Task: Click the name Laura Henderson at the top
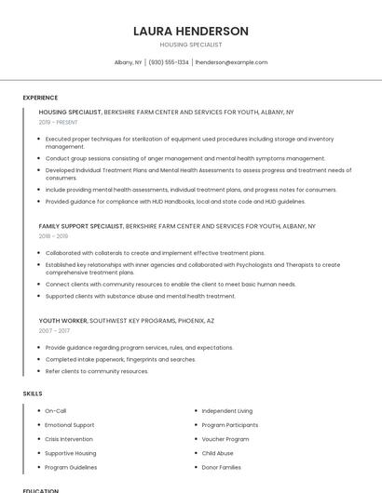click(x=191, y=31)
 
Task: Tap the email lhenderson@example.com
click(x=231, y=62)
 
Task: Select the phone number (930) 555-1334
click(x=168, y=62)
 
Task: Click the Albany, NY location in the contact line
click(x=128, y=62)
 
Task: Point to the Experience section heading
click(x=40, y=98)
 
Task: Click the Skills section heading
click(x=33, y=393)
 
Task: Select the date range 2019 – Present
click(x=59, y=122)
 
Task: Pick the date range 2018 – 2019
click(x=54, y=236)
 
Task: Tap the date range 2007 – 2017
click(x=54, y=330)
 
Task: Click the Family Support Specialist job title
click(x=81, y=226)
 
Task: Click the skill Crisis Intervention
click(x=69, y=439)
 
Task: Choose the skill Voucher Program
click(x=225, y=439)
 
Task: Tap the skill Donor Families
click(x=222, y=467)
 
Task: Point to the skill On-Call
click(x=56, y=410)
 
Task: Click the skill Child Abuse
click(x=218, y=453)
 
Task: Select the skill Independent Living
click(x=227, y=410)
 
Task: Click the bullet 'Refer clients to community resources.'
click(x=97, y=371)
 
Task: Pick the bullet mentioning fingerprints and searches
click(x=120, y=359)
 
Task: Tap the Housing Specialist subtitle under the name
click(x=191, y=45)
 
